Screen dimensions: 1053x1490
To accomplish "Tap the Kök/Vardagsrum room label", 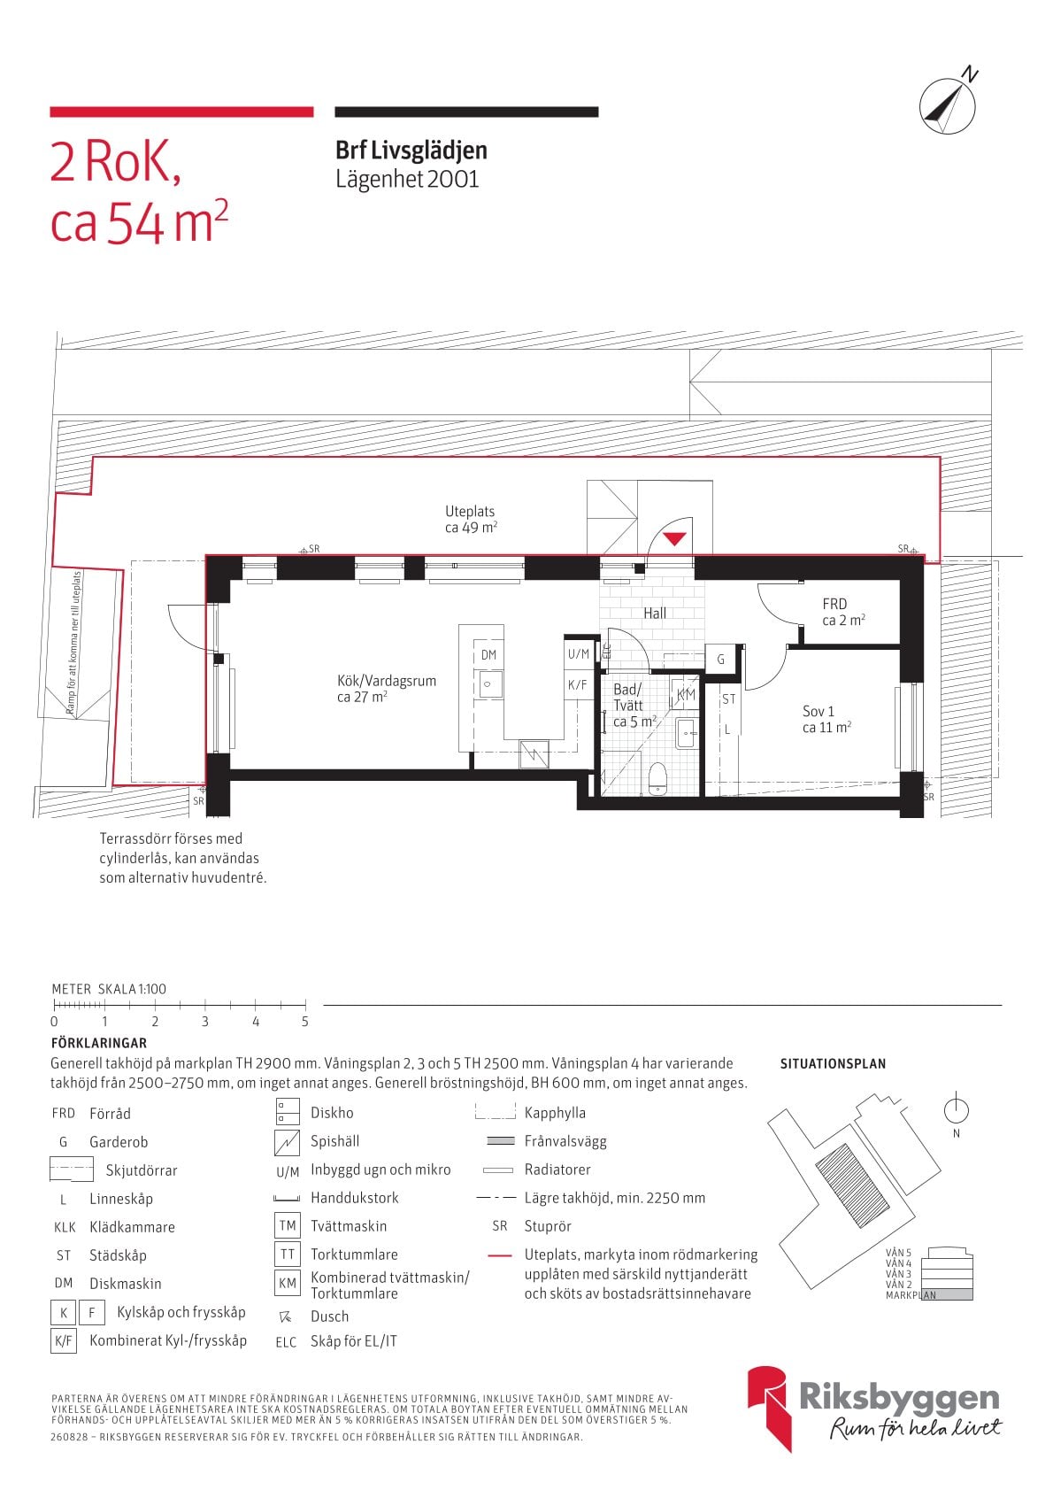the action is pos(386,689).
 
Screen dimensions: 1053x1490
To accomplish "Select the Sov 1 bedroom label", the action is pos(826,719).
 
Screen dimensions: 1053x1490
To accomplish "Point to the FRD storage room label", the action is pos(843,612).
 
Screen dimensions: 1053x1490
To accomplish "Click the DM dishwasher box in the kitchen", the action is pos(488,654).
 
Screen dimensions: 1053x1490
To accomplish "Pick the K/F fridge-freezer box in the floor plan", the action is pos(578,684).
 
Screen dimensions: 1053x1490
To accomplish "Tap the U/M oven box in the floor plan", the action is pos(579,654).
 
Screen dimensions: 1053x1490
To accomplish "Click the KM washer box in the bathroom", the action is pos(686,695).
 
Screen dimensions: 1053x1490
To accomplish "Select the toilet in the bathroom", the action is pos(657,779).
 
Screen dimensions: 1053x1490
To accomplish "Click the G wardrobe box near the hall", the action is pos(720,660).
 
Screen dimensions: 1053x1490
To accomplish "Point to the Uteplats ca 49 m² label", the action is pos(471,520).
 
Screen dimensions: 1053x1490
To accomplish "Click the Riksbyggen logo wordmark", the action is pos(899,1398).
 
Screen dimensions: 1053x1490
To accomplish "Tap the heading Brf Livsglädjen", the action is pos(411,151).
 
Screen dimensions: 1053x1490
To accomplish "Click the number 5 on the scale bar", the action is pos(305,1021).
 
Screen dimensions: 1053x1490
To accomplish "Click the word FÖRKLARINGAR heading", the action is pos(99,1043).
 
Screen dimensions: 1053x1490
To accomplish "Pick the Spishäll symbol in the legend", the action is pos(288,1143).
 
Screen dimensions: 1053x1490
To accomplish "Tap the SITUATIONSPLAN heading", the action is pos(833,1063).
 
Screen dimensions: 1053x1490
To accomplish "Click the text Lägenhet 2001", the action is pos(407,179).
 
